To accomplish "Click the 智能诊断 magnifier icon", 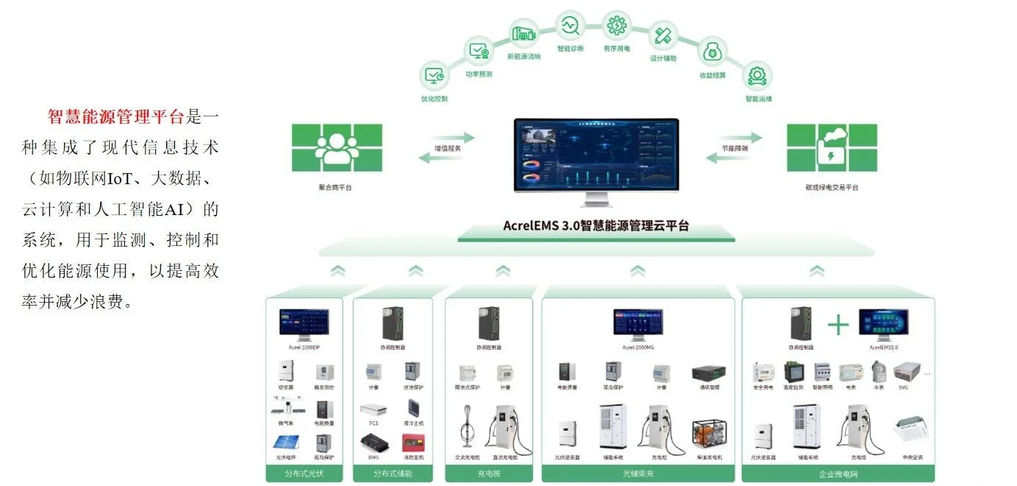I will coord(570,26).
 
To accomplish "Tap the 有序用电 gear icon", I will coord(615,26).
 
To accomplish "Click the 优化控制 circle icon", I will coord(434,75).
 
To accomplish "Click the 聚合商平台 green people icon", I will coord(337,147).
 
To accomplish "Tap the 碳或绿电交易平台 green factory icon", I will coord(832,147).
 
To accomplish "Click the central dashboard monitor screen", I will coord(596,155).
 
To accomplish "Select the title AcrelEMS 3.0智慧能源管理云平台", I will coord(596,226).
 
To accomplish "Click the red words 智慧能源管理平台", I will coord(115,116).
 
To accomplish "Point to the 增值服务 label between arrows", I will coord(449,148).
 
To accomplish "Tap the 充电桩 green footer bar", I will coord(488,473).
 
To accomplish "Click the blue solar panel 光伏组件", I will coord(287,443).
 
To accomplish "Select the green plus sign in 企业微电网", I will coord(838,325).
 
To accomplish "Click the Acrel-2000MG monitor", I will coord(638,324).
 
